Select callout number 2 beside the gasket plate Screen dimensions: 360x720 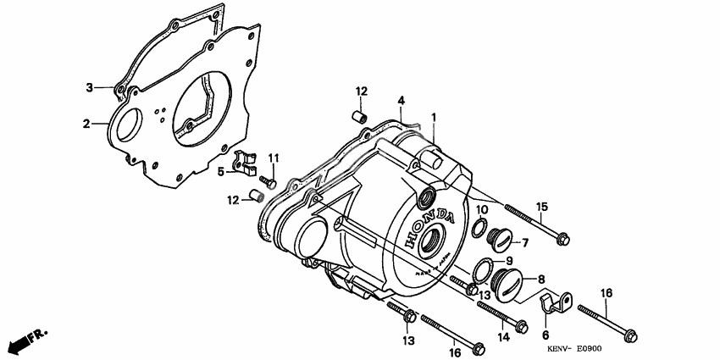point(86,124)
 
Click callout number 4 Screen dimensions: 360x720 point(402,100)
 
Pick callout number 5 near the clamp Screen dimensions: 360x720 point(221,171)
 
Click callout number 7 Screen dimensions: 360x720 point(525,243)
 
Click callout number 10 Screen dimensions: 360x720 point(481,209)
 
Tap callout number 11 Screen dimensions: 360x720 point(274,158)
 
